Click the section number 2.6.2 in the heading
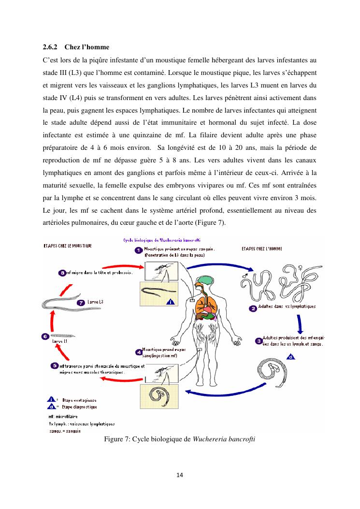50,47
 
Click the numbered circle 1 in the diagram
138,250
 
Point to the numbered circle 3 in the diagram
259,340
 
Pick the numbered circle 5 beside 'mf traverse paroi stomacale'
55,365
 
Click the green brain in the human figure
206,279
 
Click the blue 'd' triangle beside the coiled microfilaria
291,357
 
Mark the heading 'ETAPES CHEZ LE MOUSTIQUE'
68,246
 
